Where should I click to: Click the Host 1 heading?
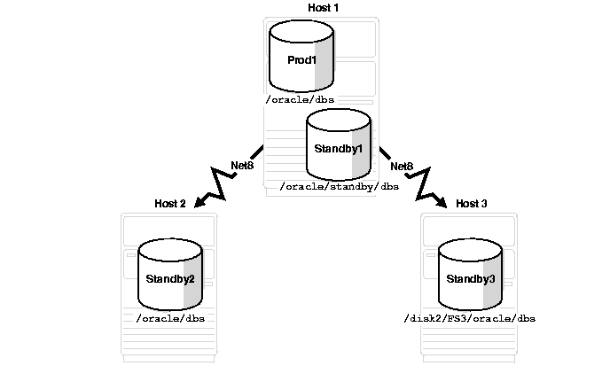pos(323,7)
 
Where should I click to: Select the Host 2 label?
pos(170,204)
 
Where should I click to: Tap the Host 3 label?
pos(472,204)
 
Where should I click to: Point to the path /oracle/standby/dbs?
pos(339,187)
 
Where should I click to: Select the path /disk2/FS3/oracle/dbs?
pos(470,317)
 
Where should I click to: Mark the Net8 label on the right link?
pos(402,166)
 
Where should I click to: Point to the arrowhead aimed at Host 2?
pos(199,203)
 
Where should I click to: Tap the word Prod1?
pos(301,58)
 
